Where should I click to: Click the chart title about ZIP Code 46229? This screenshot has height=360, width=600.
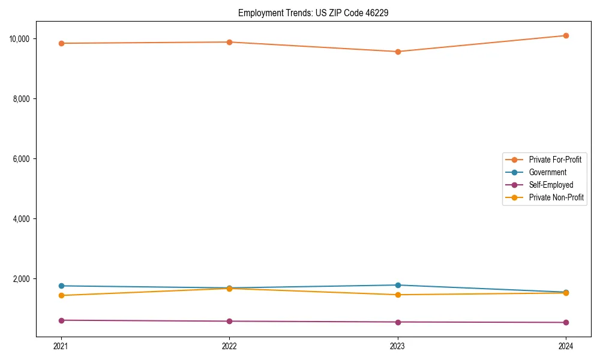[313, 13]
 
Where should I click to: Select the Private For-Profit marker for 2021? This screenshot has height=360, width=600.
[61, 43]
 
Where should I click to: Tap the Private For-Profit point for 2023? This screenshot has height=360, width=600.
[398, 52]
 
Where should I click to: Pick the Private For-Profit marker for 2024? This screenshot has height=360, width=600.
[566, 35]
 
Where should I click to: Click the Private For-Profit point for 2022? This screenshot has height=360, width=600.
[229, 42]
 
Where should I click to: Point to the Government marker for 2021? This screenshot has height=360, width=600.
[61, 286]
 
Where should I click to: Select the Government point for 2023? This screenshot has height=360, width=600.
[398, 285]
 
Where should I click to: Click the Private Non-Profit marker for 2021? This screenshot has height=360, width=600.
[61, 295]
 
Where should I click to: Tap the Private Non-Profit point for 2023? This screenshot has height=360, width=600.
[398, 295]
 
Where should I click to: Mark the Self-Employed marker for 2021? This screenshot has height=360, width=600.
[61, 320]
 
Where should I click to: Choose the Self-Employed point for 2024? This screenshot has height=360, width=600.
[566, 322]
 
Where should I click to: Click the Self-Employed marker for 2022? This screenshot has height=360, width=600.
[229, 321]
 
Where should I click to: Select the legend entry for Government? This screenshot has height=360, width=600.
[547, 172]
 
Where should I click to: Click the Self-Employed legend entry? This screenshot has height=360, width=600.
[551, 185]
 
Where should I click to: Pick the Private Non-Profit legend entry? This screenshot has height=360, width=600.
[556, 197]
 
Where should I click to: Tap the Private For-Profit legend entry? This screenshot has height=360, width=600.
[555, 160]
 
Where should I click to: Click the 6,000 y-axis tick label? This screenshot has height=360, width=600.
[22, 159]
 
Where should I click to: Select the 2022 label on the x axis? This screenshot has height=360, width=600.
[229, 346]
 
